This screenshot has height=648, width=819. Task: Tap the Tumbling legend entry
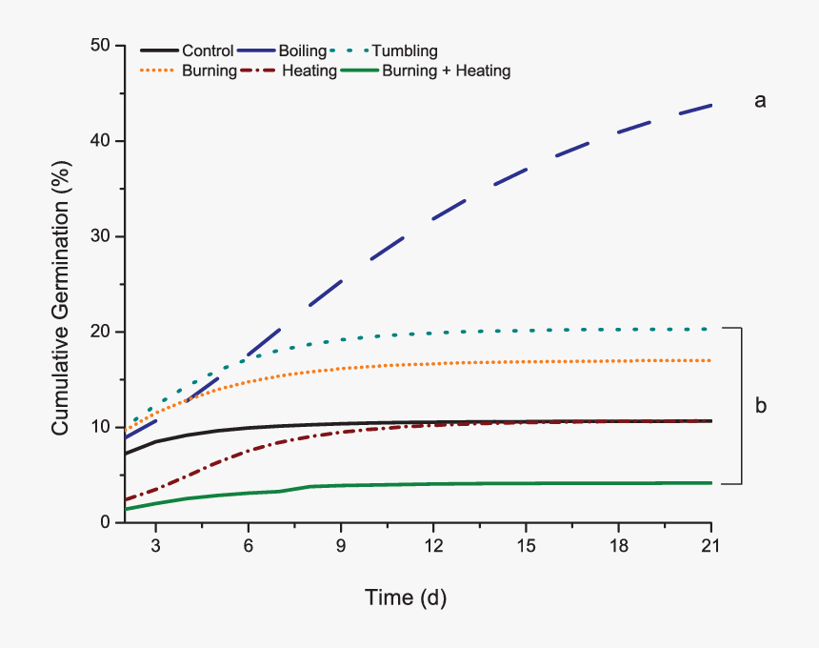tap(405, 51)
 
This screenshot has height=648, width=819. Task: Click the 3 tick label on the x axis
tap(155, 549)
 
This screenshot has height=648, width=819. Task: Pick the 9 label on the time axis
tap(341, 549)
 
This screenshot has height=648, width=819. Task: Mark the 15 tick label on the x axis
tap(526, 549)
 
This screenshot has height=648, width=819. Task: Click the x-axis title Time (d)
tap(406, 598)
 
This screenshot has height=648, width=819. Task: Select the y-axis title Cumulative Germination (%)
tap(61, 284)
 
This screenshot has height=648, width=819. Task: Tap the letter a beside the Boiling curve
tap(760, 100)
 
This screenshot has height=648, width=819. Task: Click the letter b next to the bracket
tap(761, 406)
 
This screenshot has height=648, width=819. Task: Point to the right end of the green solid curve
tap(710, 483)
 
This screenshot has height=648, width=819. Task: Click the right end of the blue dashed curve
tap(710, 105)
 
